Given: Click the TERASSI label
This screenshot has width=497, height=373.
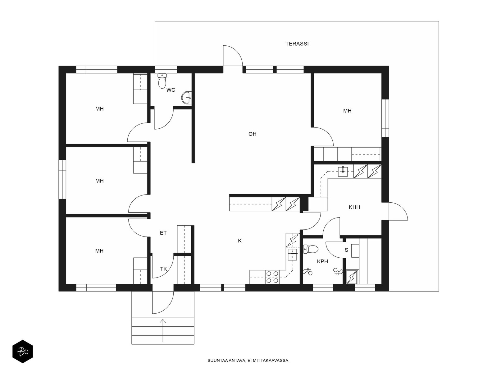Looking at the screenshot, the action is click(x=297, y=44).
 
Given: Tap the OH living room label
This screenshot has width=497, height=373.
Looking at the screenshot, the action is click(x=252, y=134).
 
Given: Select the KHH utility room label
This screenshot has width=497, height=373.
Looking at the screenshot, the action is click(x=354, y=207).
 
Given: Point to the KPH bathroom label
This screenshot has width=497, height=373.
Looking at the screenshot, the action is click(x=322, y=261).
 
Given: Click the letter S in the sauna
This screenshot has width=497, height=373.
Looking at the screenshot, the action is click(x=346, y=250).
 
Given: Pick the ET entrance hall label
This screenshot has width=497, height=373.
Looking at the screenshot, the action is click(x=163, y=233).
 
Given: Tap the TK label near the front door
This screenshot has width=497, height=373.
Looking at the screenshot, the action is click(x=163, y=269).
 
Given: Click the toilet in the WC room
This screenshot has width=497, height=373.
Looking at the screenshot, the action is click(x=162, y=81).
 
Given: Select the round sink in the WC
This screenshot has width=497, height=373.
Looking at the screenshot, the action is click(x=186, y=98).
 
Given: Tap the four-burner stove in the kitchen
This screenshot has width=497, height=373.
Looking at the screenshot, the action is click(x=272, y=277).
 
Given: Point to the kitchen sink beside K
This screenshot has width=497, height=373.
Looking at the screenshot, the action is click(x=293, y=254).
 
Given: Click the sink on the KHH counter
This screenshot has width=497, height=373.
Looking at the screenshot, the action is click(x=343, y=171).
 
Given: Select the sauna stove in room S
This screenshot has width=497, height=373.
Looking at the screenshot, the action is click(x=352, y=277).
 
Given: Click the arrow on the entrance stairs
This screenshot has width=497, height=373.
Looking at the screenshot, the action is click(x=163, y=330).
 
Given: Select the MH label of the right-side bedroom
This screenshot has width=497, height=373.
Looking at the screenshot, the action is click(x=347, y=111).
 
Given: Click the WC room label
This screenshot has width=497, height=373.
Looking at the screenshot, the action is click(x=171, y=90).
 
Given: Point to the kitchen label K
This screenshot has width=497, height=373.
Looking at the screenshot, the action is click(x=240, y=241).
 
